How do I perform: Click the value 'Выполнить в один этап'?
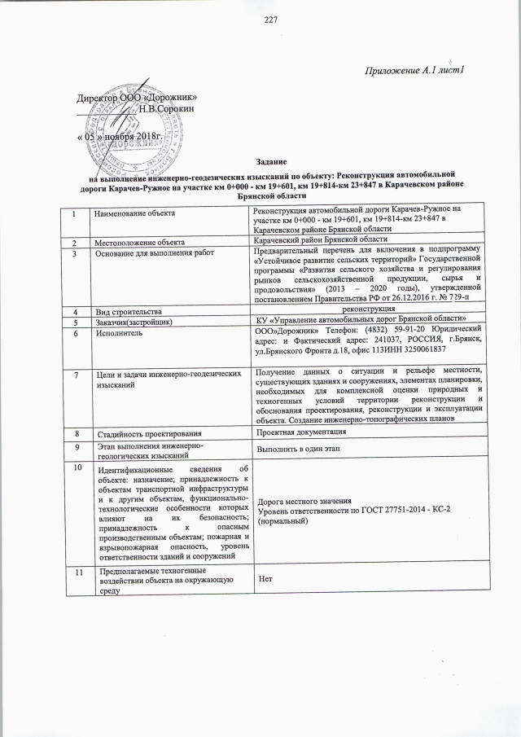tap(300, 450)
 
